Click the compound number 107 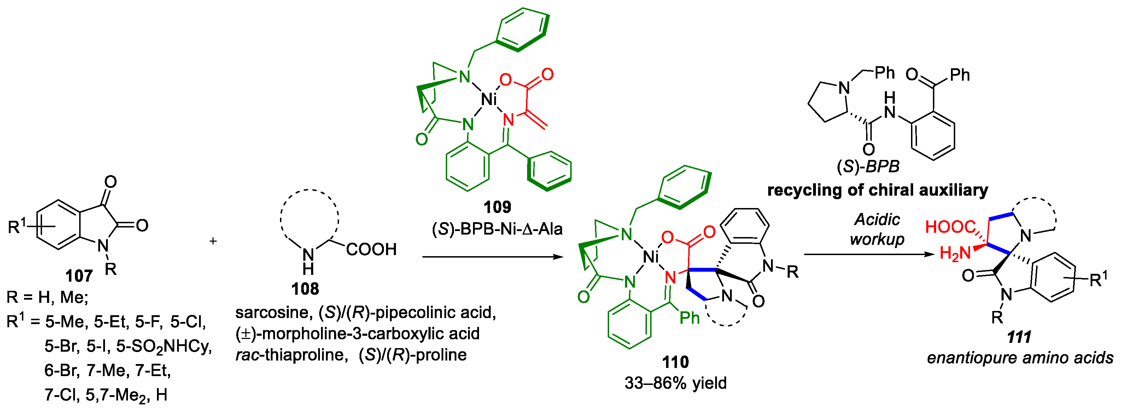pyautogui.click(x=79, y=276)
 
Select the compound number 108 pyautogui.click(x=305, y=289)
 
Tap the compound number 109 pyautogui.click(x=497, y=207)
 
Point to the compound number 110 pyautogui.click(x=675, y=362)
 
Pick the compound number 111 pyautogui.click(x=1019, y=336)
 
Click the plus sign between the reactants pyautogui.click(x=213, y=241)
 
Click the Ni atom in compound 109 pyautogui.click(x=489, y=99)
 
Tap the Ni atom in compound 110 pyautogui.click(x=651, y=257)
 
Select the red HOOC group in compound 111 pyautogui.click(x=950, y=227)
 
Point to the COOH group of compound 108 pyautogui.click(x=371, y=249)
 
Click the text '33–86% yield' pyautogui.click(x=675, y=383)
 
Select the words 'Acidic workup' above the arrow pyautogui.click(x=877, y=229)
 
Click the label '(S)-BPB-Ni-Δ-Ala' pyautogui.click(x=497, y=229)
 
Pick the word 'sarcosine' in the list pyautogui.click(x=272, y=312)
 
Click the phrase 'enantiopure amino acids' pyautogui.click(x=1020, y=358)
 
